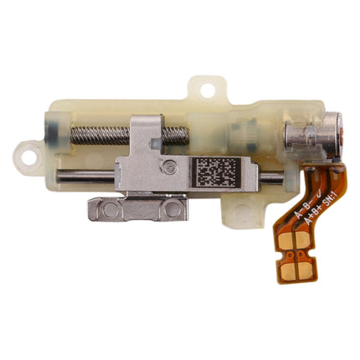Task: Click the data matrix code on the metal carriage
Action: coord(216,174)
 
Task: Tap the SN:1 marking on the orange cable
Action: coord(311,198)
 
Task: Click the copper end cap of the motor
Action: coord(334,134)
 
